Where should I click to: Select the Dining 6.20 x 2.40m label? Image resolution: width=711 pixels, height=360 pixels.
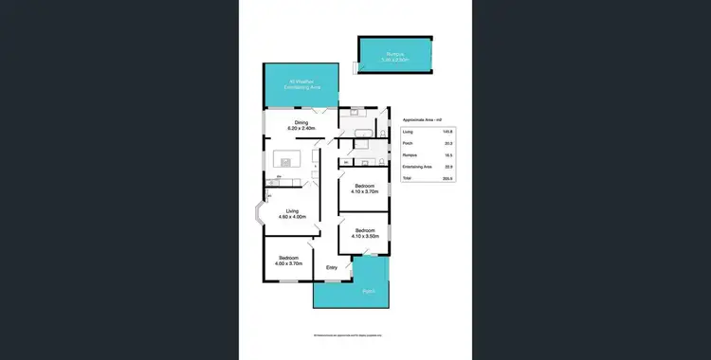[x=301, y=125]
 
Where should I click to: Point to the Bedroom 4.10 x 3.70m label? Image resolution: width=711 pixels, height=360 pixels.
[x=364, y=189]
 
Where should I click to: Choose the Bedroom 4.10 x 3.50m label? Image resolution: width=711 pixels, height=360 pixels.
[x=365, y=233]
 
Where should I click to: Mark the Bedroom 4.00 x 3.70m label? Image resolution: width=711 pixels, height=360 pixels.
[x=288, y=261]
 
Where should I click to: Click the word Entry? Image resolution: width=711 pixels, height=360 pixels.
[x=332, y=268]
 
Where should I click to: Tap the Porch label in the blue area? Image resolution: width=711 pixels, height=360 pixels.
[x=368, y=291]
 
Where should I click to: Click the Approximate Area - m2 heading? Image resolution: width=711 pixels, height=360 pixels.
[x=422, y=119]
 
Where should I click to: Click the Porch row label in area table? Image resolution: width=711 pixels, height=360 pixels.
[x=408, y=143]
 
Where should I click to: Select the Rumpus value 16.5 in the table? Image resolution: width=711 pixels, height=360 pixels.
[x=447, y=154]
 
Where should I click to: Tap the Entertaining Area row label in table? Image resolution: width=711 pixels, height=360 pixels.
[x=417, y=166]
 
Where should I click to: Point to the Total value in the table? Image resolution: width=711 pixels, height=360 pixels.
[x=447, y=178]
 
